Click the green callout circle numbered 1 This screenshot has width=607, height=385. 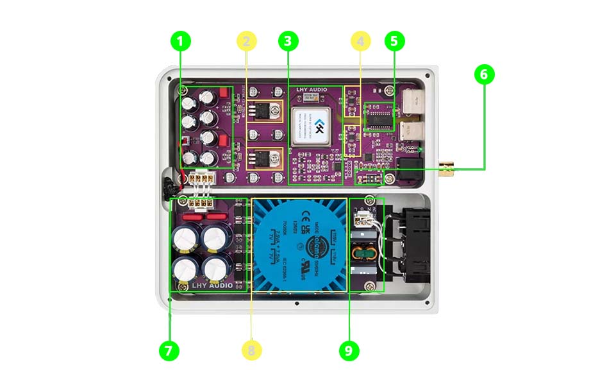[x=180, y=42]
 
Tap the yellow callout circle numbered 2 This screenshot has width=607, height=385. [x=247, y=42]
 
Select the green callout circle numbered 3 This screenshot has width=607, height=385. [x=288, y=42]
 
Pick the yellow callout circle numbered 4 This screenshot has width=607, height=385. [x=361, y=42]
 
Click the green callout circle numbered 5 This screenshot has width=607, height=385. [x=394, y=42]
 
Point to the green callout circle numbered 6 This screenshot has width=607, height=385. [x=484, y=74]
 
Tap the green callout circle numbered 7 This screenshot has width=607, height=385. [x=169, y=350]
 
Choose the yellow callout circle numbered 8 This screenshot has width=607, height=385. [x=253, y=350]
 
